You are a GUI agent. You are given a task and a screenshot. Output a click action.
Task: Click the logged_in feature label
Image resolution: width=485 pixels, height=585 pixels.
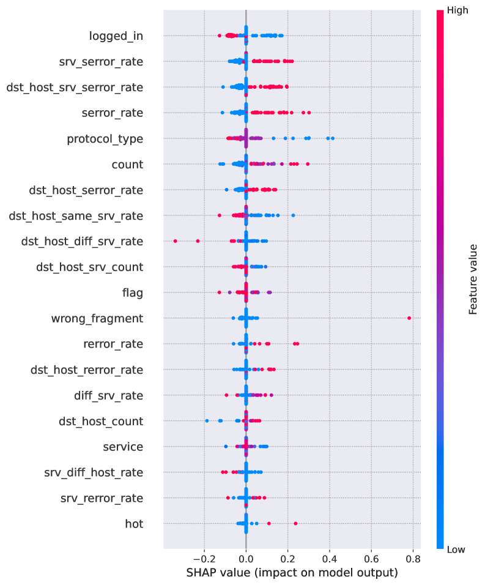[x=116, y=36]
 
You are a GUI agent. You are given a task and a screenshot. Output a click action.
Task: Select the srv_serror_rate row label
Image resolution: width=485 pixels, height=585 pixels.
[x=101, y=62]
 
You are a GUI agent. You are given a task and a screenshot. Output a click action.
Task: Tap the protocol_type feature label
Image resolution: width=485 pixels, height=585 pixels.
[x=105, y=139]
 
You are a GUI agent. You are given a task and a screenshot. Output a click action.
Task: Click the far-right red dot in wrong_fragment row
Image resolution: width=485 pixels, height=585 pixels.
[x=409, y=318]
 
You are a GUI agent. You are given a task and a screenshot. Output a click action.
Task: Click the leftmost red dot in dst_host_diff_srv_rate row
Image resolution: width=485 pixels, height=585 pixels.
[x=176, y=241]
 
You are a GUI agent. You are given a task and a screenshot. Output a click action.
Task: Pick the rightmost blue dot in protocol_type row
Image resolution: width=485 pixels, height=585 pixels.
[x=332, y=139]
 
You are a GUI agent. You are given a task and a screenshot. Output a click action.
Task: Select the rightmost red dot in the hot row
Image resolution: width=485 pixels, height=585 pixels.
[x=296, y=523]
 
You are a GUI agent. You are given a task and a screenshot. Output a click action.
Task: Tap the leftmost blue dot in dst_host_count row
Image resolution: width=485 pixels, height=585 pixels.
[x=207, y=421]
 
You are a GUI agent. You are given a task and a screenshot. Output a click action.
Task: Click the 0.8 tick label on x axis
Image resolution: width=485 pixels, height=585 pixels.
[x=412, y=559]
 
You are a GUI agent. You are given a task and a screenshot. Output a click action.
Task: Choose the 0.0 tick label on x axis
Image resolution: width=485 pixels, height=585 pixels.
[x=246, y=559]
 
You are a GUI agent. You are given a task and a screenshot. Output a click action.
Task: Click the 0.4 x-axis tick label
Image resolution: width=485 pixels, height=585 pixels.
[x=329, y=559]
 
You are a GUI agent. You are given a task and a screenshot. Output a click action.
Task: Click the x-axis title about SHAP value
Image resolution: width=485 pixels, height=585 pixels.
[x=292, y=573]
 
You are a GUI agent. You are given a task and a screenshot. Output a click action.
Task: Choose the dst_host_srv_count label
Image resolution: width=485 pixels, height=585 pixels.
[x=90, y=267]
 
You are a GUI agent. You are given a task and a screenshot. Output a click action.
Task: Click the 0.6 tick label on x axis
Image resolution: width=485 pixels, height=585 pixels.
[x=371, y=559]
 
